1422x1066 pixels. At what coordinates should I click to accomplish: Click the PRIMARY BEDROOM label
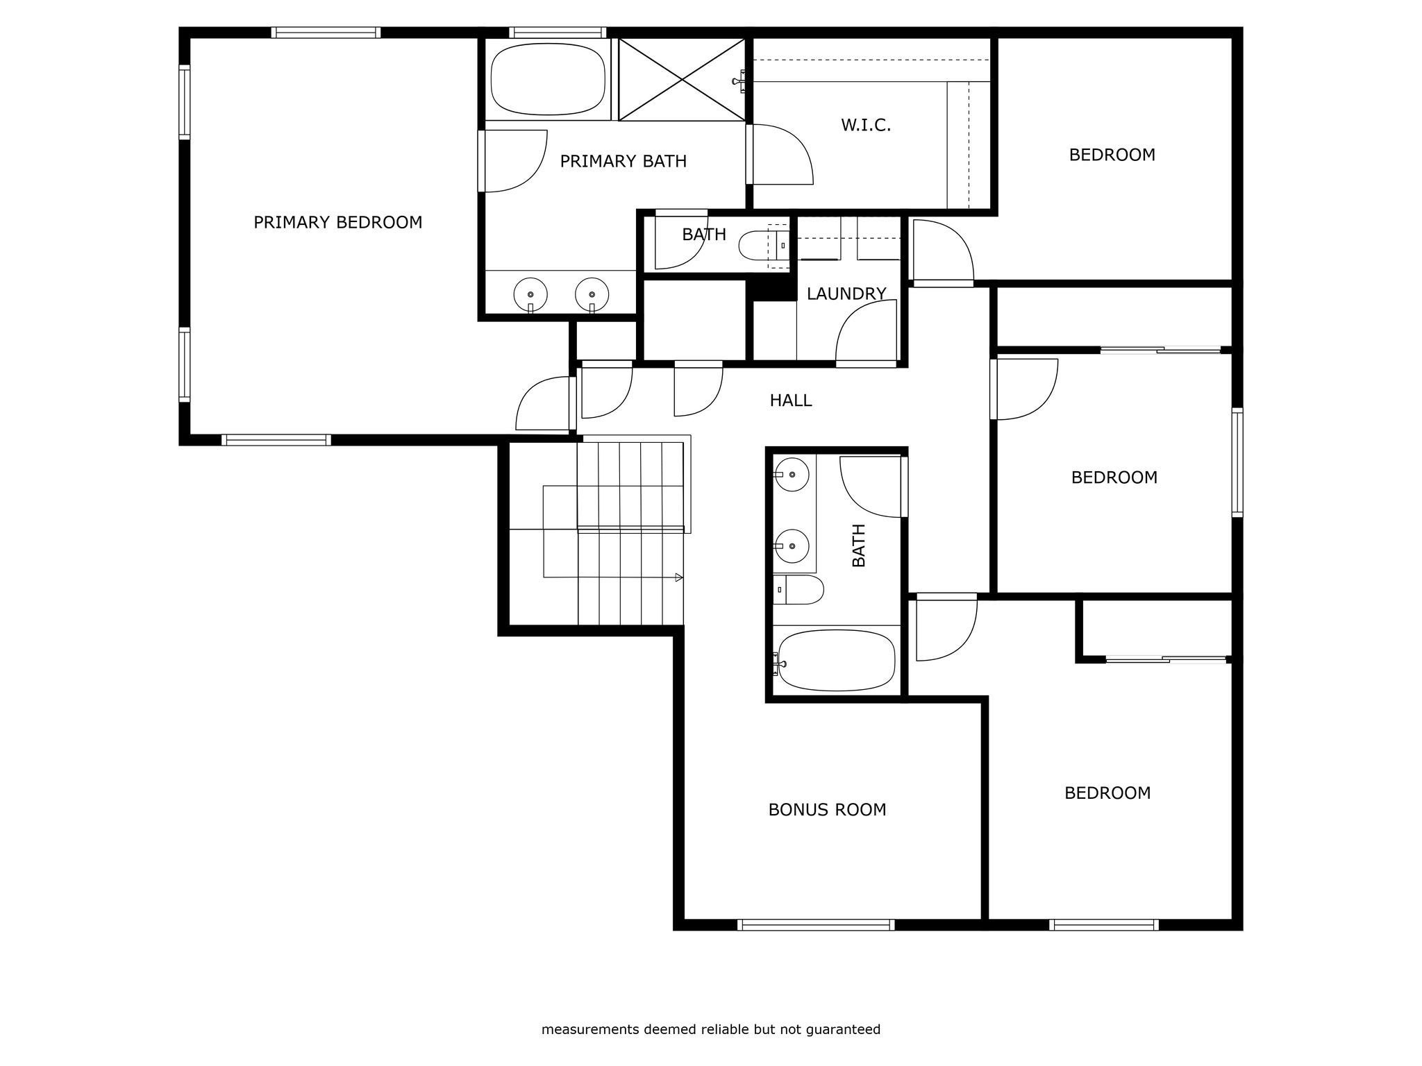tap(337, 222)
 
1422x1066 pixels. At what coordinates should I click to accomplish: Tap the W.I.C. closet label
tap(866, 126)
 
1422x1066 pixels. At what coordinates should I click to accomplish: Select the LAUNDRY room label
tap(846, 294)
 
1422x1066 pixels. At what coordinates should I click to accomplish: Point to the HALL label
tap(791, 400)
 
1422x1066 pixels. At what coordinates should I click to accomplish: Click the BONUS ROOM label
tap(827, 810)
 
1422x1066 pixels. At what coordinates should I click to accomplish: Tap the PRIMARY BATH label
tap(624, 162)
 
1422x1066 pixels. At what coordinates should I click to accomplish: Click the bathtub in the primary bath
tap(548, 80)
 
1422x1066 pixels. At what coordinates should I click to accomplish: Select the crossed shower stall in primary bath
tap(682, 80)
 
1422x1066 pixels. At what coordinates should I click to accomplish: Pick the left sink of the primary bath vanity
tap(530, 295)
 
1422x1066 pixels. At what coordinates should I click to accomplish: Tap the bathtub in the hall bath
tap(837, 661)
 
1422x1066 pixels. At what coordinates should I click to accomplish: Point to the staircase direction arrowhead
tap(679, 577)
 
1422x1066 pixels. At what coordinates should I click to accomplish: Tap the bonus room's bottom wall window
tap(816, 924)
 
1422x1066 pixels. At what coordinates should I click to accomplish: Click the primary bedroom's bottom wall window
tap(276, 439)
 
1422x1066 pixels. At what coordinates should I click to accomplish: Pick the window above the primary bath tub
tap(558, 32)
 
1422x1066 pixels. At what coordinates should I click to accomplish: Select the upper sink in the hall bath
tap(792, 475)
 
